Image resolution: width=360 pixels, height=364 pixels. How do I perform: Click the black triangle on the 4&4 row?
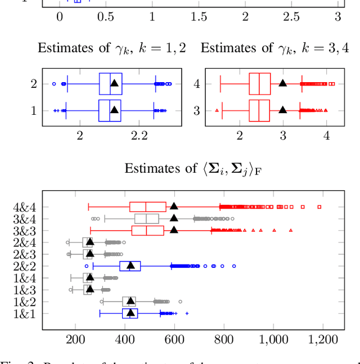coord(174,206)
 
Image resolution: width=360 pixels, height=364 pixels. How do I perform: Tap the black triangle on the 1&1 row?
coord(130,313)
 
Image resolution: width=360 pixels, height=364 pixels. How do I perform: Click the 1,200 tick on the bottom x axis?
coord(323,339)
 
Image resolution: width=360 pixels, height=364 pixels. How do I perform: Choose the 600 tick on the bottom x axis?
coord(174,339)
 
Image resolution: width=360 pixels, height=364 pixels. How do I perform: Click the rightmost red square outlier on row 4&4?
coord(319,206)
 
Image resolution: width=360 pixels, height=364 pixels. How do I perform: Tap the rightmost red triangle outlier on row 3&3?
coord(291,230)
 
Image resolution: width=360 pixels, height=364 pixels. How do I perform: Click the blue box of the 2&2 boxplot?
coord(130,266)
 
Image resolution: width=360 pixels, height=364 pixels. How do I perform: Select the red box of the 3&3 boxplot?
coord(147,230)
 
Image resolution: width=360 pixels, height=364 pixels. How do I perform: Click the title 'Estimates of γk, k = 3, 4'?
coord(274,48)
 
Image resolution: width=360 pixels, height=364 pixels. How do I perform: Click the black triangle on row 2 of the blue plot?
coord(114,83)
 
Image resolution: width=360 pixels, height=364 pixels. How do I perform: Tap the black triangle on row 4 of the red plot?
coord(282,83)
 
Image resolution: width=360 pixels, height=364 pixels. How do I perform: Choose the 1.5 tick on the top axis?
coord(199,17)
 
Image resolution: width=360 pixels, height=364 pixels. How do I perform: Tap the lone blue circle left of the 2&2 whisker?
coord(87,266)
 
